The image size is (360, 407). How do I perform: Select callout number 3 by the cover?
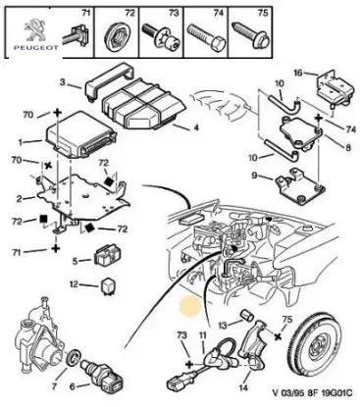pyautogui.click(x=62, y=81)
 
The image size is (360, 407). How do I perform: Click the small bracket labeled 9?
pyautogui.click(x=292, y=178)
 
